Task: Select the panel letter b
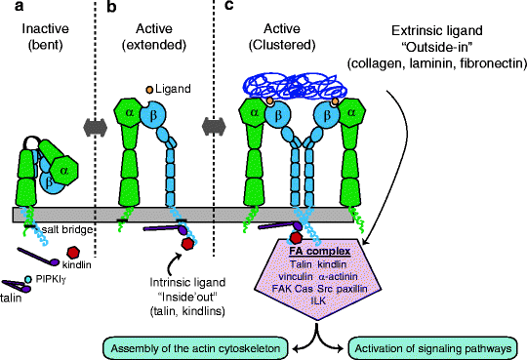point(111,8)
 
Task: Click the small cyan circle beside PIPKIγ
point(27,279)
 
